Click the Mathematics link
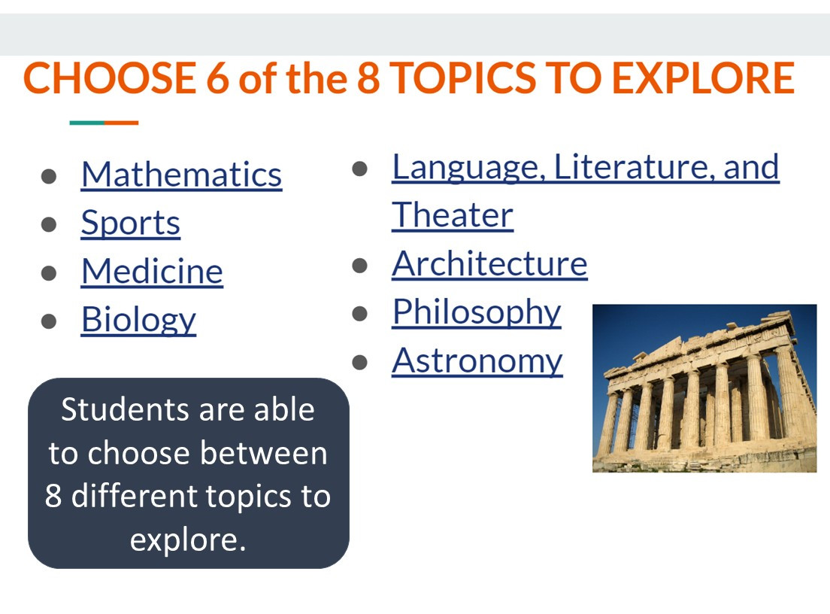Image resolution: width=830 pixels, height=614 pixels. (181, 175)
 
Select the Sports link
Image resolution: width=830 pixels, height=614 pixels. (130, 223)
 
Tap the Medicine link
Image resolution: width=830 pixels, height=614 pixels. (152, 271)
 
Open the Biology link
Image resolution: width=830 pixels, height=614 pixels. (138, 320)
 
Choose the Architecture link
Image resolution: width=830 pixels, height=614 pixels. (489, 263)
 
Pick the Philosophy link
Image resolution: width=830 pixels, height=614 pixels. (476, 312)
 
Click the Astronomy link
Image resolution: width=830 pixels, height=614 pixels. (477, 360)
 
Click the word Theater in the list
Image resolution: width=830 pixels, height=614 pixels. (453, 215)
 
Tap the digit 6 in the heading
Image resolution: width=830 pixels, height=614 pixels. (217, 78)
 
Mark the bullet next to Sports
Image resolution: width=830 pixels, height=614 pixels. (50, 224)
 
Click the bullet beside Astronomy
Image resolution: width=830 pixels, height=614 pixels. (360, 362)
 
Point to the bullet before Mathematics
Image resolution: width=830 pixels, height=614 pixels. (50, 176)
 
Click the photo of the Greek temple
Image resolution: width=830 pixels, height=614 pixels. (704, 388)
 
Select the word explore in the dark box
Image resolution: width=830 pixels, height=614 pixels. (188, 540)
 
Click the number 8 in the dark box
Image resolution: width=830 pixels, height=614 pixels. (53, 497)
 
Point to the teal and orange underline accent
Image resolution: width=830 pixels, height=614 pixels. (104, 123)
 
